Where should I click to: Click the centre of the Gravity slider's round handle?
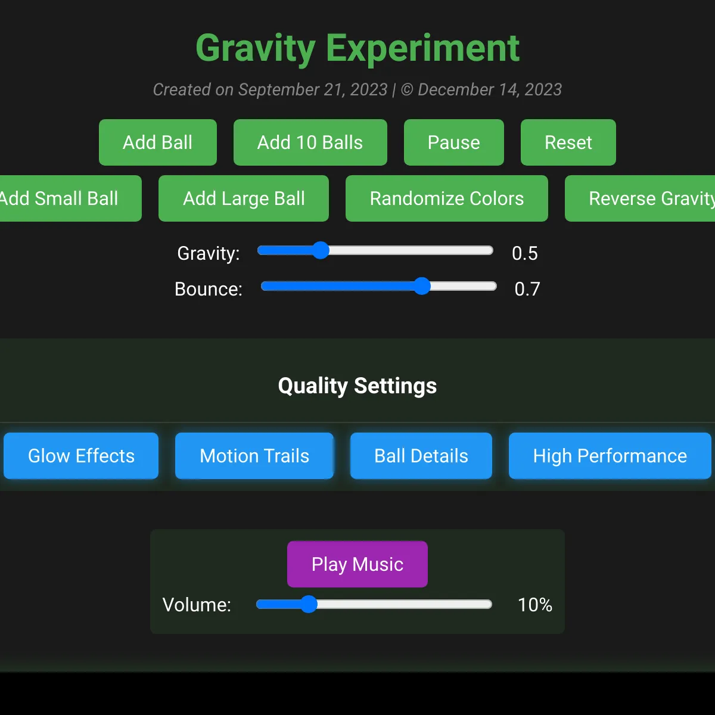click(320, 250)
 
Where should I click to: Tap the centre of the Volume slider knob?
click(308, 604)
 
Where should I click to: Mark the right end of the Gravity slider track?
click(493, 250)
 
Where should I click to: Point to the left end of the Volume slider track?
click(257, 604)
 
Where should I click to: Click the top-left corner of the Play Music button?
click(288, 542)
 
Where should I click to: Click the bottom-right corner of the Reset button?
click(616, 165)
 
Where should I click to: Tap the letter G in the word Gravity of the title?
click(211, 48)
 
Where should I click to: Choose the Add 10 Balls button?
click(310, 142)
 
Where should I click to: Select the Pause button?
click(454, 142)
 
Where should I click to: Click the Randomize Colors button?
click(447, 198)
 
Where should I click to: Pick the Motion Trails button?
click(254, 456)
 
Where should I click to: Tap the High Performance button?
click(610, 456)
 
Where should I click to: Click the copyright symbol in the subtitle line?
click(407, 90)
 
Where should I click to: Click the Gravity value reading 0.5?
click(525, 253)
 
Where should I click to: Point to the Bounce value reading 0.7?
click(527, 289)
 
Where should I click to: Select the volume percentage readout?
click(535, 605)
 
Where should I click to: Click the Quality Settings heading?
click(357, 386)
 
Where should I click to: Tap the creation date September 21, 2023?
click(313, 90)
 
